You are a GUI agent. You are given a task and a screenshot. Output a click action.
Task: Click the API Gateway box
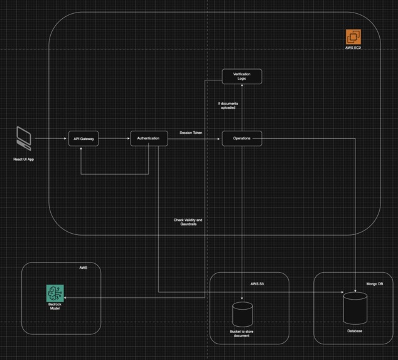[84, 139]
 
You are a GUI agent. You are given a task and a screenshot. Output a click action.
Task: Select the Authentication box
[149, 138]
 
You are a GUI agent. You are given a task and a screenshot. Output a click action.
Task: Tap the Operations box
[242, 138]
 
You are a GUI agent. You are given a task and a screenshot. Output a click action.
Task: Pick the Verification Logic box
[242, 77]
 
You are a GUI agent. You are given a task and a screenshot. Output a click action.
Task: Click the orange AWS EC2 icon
[354, 37]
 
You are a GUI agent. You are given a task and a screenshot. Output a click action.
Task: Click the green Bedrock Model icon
[55, 293]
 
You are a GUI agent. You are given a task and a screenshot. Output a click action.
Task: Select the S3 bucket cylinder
[242, 314]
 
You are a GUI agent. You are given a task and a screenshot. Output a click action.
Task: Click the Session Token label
[191, 133]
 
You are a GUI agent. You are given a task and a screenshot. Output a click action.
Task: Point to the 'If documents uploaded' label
[228, 105]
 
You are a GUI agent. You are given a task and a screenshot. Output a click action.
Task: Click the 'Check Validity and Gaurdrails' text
[188, 222]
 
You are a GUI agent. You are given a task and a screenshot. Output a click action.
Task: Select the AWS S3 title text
[257, 284]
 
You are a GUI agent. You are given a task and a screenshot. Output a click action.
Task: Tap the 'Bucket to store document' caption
[240, 334]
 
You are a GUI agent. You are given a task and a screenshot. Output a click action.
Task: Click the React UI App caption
[23, 160]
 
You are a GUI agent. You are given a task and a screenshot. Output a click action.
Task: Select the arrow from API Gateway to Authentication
[115, 138]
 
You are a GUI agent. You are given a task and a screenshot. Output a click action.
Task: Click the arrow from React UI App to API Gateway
[51, 138]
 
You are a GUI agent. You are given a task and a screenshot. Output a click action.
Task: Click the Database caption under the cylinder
[355, 331]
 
